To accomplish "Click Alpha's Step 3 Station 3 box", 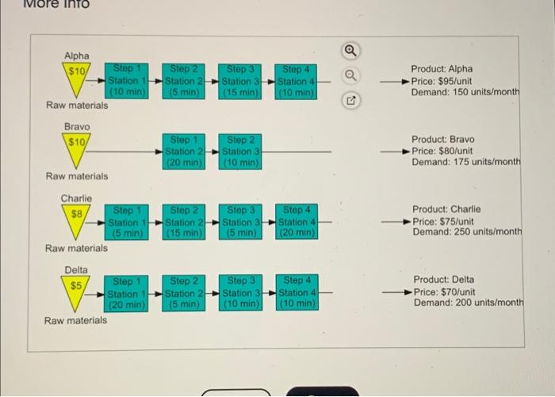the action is [239, 82].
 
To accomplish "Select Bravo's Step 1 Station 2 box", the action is [184, 152].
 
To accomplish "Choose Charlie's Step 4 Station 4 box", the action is [297, 222].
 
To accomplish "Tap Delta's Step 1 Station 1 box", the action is [126, 294].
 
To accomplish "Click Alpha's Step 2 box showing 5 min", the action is [183, 81].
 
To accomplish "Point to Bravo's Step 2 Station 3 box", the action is [240, 152].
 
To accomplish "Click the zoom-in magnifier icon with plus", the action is [350, 51].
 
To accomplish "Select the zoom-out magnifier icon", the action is [350, 75].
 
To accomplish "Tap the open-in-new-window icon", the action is [350, 101].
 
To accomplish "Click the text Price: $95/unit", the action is [442, 81].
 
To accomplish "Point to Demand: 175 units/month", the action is [466, 162].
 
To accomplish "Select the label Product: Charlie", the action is [446, 209].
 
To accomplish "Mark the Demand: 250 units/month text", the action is [467, 232].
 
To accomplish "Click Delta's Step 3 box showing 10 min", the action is [241, 293].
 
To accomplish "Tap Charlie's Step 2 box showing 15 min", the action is [184, 222].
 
